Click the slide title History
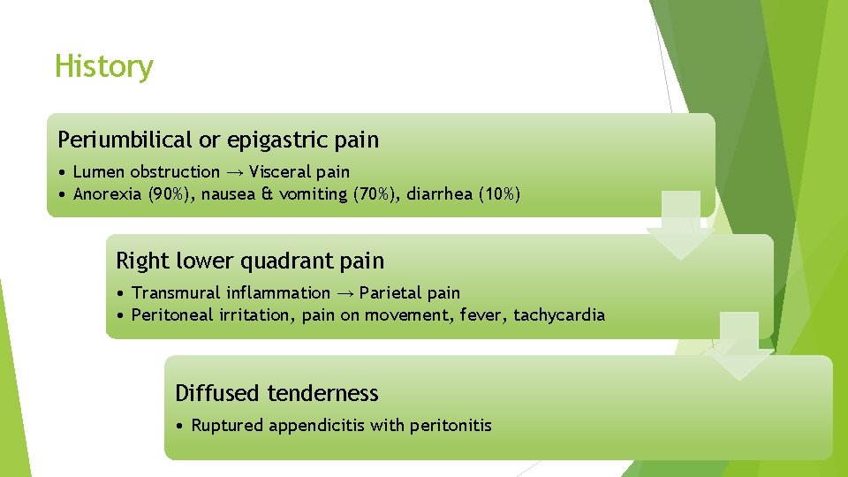coord(103,66)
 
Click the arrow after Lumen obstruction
coord(234,172)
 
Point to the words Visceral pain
coord(299,172)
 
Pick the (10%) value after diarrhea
coord(499,194)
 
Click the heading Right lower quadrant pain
coord(250,261)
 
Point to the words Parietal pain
coord(410,292)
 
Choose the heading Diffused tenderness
coord(276,393)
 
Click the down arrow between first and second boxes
coord(681,227)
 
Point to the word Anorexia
coord(107,194)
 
